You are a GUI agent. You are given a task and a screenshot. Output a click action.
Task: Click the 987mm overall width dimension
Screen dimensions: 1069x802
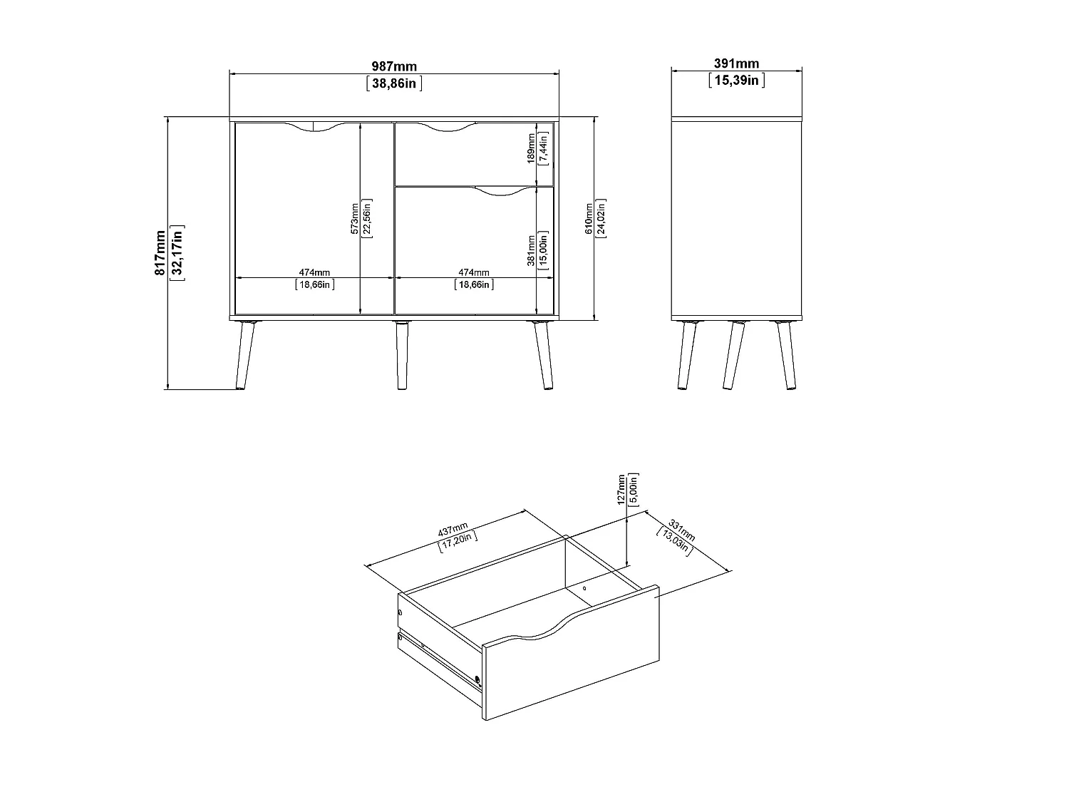(394, 66)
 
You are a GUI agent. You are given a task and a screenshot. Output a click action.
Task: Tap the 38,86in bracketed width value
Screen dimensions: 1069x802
(394, 83)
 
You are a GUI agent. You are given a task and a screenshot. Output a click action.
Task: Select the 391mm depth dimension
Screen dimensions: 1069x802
(736, 63)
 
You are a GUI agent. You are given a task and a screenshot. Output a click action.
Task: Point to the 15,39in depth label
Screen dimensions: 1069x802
(736, 81)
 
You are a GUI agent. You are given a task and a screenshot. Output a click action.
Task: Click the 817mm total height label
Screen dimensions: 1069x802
(160, 253)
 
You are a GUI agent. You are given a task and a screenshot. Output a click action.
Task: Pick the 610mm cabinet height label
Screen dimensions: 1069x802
(589, 219)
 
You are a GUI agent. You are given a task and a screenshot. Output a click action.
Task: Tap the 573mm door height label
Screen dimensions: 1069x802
(354, 219)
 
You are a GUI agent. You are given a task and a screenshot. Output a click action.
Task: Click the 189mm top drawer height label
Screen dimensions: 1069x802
(532, 148)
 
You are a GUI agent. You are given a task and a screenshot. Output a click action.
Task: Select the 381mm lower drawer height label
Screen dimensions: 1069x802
(532, 251)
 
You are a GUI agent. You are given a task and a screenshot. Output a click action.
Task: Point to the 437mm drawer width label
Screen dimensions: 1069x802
(453, 529)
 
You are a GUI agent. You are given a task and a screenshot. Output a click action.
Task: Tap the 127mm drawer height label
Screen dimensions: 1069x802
(621, 489)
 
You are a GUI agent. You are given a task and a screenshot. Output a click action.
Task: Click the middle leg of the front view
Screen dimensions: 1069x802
(402, 355)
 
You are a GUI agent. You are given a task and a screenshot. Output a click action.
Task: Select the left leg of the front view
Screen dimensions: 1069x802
(245, 355)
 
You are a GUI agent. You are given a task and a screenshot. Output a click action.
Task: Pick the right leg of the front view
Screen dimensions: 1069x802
(543, 355)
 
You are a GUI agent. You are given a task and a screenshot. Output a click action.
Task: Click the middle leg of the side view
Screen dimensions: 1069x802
(734, 355)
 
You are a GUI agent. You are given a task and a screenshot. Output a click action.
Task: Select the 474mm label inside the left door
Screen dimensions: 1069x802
(314, 273)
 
